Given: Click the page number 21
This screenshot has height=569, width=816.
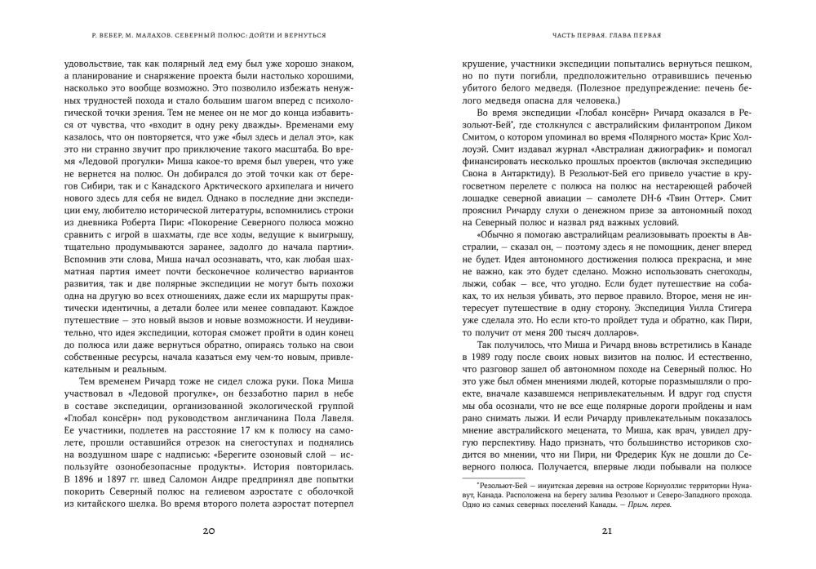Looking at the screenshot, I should point(606,531).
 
